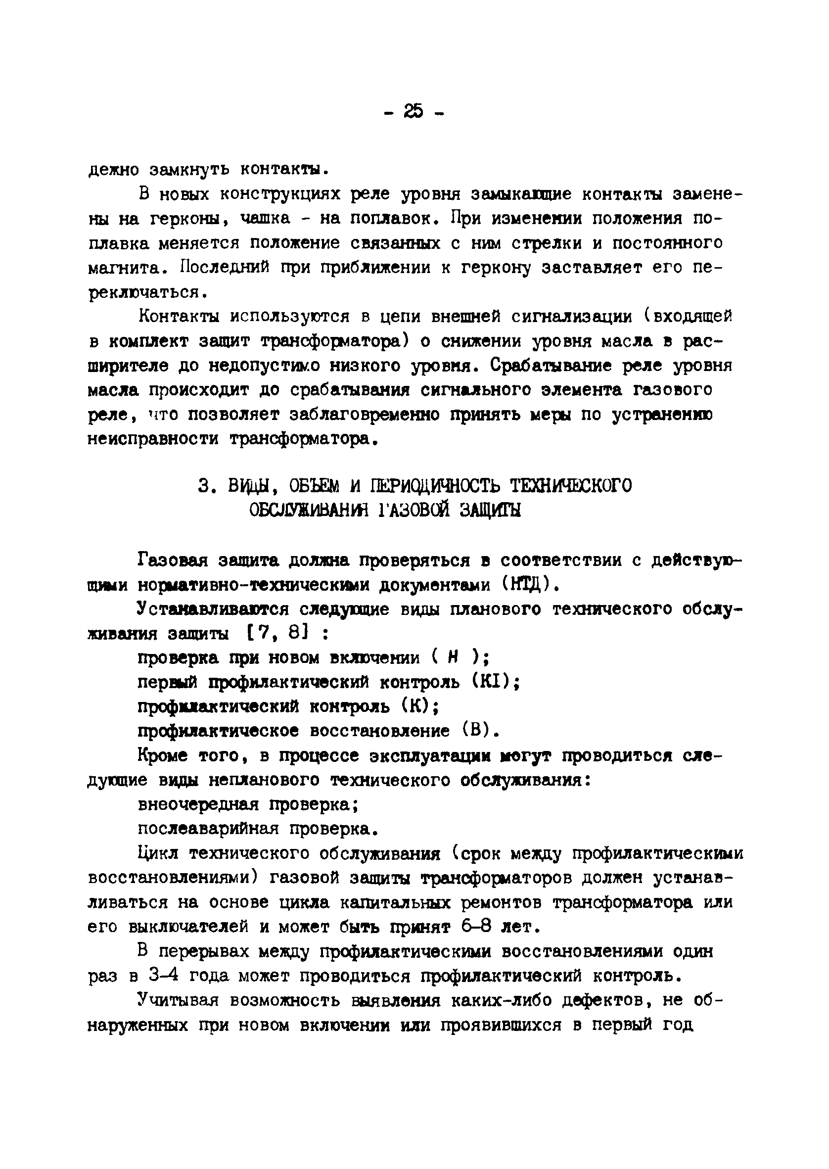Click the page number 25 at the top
coord(414,111)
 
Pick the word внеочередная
coord(197,805)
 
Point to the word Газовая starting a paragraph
coord(172,560)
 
